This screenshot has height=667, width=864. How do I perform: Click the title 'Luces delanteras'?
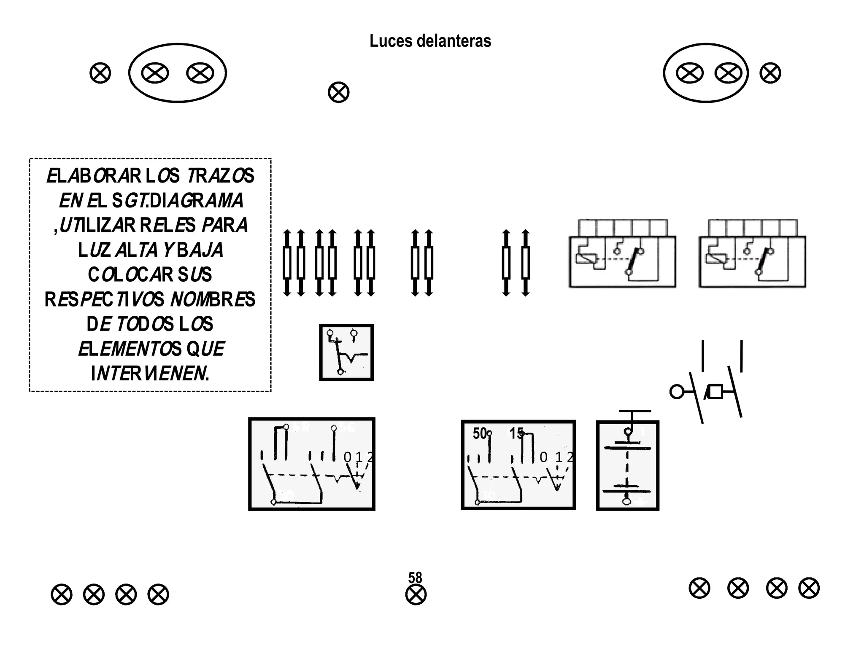pyautogui.click(x=430, y=41)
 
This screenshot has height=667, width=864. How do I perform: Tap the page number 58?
pyautogui.click(x=415, y=577)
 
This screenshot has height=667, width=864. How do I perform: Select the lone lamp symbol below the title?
pyautogui.click(x=338, y=92)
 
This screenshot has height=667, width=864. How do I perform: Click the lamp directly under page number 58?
pyautogui.click(x=416, y=595)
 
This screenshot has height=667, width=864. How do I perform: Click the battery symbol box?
pyautogui.click(x=627, y=465)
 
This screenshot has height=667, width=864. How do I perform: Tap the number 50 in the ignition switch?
pyautogui.click(x=480, y=433)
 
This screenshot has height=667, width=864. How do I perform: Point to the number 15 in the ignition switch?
pyautogui.click(x=516, y=433)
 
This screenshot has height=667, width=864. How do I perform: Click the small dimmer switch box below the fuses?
pyautogui.click(x=346, y=352)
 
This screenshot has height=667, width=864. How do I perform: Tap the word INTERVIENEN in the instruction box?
pyautogui.click(x=150, y=374)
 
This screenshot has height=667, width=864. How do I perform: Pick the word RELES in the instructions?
pyautogui.click(x=167, y=225)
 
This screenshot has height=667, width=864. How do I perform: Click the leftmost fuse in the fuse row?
pyautogui.click(x=287, y=263)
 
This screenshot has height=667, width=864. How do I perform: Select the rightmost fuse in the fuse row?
pyautogui.click(x=525, y=263)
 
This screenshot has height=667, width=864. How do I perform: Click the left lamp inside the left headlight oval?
pyautogui.click(x=155, y=73)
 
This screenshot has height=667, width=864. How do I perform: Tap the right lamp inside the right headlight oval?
pyautogui.click(x=728, y=73)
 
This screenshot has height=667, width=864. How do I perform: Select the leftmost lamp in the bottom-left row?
pyautogui.click(x=62, y=594)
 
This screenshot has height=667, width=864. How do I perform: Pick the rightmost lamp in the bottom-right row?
pyautogui.click(x=809, y=588)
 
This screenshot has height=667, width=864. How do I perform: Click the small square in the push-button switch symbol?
pyautogui.click(x=715, y=392)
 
